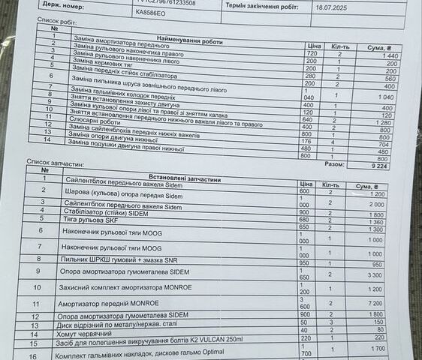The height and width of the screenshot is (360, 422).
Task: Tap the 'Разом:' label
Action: [x=336, y=163]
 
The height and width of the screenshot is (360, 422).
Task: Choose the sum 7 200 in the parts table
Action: [x=375, y=302]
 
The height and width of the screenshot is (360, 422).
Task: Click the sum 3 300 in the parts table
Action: [x=375, y=275]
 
